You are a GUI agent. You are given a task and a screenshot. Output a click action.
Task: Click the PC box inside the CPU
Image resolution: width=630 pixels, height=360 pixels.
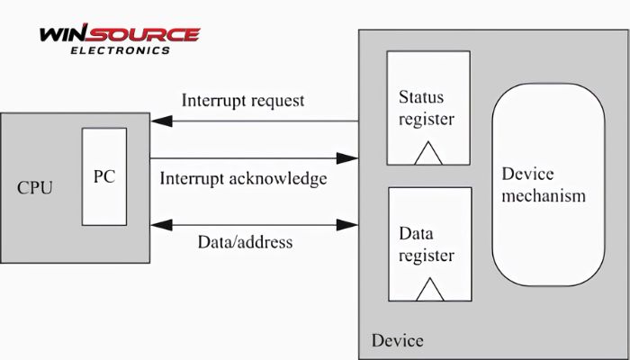tap(103, 176)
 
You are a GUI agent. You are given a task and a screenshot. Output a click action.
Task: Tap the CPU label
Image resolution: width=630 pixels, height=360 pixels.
tap(35, 187)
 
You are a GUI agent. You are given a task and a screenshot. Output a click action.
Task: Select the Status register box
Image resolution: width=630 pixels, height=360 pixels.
tap(428, 108)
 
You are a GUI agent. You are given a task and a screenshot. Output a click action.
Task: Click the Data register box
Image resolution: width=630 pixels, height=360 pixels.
tap(428, 243)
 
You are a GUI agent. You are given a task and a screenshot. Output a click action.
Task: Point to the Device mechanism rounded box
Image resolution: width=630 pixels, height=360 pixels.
tap(547, 184)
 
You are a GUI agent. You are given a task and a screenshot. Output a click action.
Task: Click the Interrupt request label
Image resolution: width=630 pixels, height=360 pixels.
tap(243, 100)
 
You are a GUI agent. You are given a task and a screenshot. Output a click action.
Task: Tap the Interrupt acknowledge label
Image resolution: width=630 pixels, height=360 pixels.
tap(243, 178)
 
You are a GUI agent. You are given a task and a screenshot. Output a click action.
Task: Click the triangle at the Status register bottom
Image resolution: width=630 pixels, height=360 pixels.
tap(428, 155)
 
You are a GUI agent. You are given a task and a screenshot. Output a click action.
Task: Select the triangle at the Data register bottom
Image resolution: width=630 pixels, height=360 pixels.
tap(429, 290)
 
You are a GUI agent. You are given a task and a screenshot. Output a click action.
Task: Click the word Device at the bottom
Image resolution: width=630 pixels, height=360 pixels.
tap(397, 341)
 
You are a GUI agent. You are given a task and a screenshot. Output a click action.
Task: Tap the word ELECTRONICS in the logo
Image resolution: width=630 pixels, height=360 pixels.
tap(119, 51)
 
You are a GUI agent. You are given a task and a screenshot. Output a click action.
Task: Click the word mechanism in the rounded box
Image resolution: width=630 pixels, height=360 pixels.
tap(544, 195)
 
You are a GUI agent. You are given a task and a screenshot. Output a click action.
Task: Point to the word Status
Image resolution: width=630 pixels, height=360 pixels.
tap(421, 96)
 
